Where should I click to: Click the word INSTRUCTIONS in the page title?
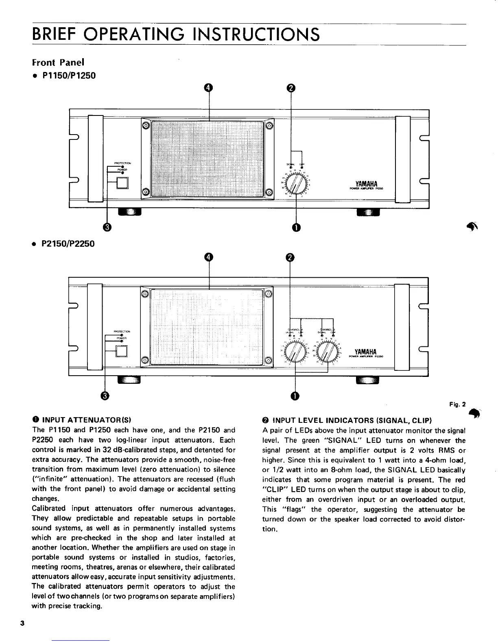click(x=251, y=34)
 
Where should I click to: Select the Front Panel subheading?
click(x=58, y=63)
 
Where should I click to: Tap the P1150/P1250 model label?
click(x=68, y=76)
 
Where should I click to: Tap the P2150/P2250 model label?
click(x=68, y=244)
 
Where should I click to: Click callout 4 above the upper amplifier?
click(x=208, y=87)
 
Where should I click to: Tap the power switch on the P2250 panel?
click(x=122, y=350)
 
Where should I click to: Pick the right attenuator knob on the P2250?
click(x=328, y=352)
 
